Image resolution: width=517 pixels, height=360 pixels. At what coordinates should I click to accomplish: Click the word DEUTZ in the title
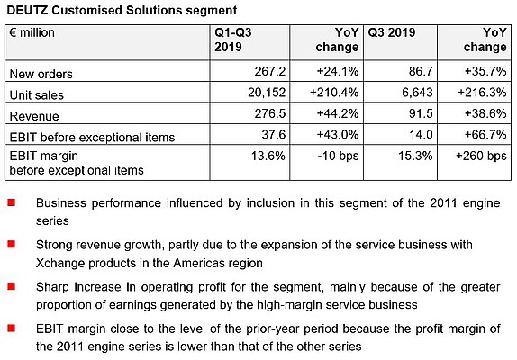click(27, 10)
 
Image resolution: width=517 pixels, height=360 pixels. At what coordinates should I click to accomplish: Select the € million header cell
click(32, 32)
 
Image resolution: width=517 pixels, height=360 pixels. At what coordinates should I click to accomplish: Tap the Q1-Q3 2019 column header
click(232, 40)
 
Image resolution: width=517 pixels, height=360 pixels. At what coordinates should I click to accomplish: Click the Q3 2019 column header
click(392, 32)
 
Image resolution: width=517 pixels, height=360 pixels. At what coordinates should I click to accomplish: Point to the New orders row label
click(41, 74)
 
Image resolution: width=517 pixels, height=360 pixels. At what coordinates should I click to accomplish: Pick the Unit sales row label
click(36, 95)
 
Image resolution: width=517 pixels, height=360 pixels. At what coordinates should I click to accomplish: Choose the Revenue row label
click(34, 116)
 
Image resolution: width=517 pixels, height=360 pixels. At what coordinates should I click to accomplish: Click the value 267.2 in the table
click(269, 71)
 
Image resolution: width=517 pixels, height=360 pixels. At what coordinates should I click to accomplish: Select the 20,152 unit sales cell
click(267, 93)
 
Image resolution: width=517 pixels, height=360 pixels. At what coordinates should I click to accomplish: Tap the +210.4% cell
click(334, 93)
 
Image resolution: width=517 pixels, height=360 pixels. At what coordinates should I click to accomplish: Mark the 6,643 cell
click(417, 93)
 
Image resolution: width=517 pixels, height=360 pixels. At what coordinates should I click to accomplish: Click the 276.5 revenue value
click(269, 113)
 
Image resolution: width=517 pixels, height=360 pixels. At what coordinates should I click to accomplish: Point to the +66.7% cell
click(485, 134)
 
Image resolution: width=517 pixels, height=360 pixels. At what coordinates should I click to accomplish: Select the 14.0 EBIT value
click(421, 134)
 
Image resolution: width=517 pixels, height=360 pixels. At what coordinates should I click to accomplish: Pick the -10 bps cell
click(338, 156)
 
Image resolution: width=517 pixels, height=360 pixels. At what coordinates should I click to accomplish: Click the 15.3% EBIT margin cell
click(415, 156)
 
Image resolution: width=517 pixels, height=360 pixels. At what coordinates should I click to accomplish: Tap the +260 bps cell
click(481, 156)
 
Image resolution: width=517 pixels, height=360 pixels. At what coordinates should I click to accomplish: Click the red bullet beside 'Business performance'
click(11, 202)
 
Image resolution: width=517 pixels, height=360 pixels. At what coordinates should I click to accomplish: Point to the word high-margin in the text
click(288, 305)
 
